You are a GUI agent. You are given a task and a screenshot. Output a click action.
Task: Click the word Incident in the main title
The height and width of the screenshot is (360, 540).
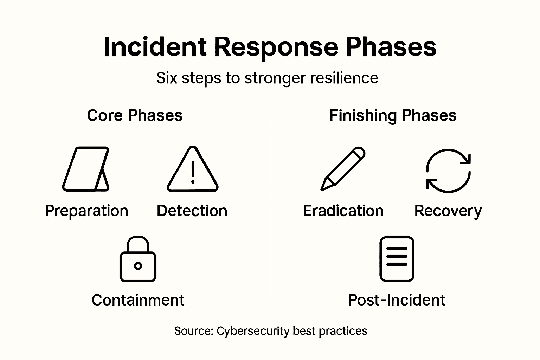(155, 47)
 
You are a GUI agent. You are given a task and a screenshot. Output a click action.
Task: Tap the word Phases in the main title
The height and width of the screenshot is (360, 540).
(391, 47)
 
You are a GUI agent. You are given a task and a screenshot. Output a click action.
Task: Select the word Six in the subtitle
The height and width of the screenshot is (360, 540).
(167, 78)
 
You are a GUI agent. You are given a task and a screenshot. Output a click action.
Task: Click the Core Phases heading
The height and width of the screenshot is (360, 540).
(135, 115)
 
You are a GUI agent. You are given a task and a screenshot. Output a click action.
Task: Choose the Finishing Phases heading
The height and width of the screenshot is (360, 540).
(393, 115)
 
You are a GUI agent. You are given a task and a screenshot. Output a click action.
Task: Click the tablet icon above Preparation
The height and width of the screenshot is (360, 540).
(86, 169)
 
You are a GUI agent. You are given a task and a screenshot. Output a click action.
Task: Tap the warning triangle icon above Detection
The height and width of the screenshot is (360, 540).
(192, 170)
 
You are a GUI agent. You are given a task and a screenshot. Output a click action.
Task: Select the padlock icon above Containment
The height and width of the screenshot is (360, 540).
(138, 259)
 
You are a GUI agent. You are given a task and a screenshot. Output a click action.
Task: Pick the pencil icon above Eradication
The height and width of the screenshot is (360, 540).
(343, 169)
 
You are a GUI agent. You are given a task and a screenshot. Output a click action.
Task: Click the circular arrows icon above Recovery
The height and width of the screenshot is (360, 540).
(448, 171)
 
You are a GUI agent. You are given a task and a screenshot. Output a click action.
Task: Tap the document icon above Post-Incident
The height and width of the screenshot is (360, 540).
(397, 259)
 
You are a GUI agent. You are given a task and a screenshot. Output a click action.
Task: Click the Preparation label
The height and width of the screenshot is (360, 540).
(86, 211)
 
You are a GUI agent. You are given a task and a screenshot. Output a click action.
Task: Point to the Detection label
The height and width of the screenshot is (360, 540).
(192, 211)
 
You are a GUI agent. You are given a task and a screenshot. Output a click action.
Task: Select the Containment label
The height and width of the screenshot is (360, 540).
(138, 300)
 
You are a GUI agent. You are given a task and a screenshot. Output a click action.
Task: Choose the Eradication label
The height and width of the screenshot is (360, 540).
(343, 211)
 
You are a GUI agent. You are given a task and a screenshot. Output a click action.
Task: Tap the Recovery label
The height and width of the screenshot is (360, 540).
(448, 211)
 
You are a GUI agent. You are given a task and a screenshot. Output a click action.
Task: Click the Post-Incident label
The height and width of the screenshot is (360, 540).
(397, 300)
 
